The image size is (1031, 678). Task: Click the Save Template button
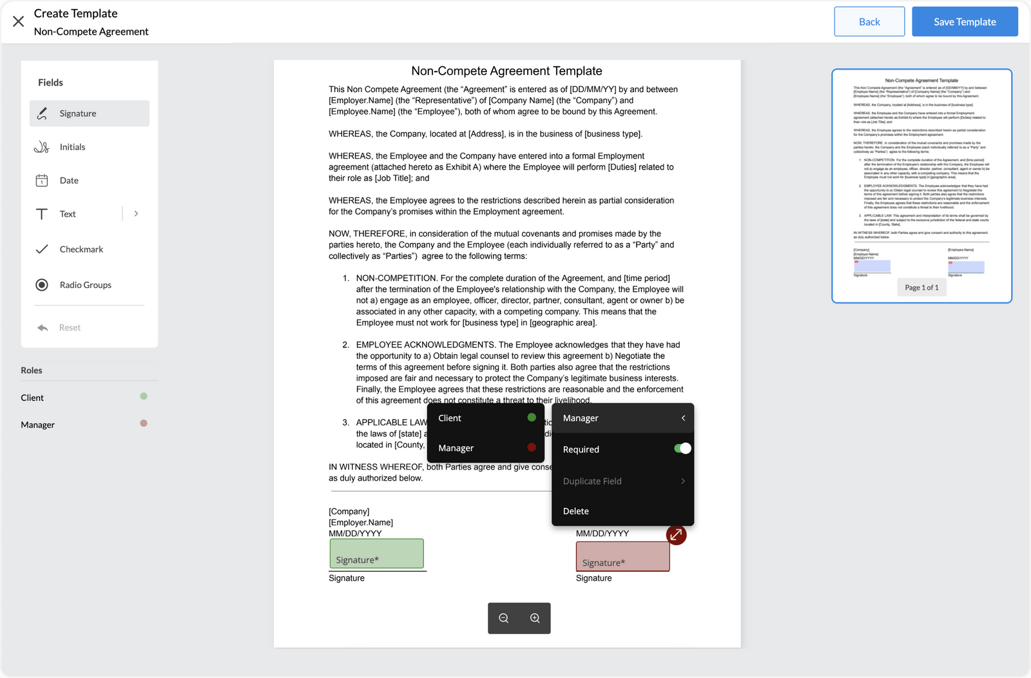tap(965, 22)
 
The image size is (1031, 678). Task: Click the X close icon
tap(19, 22)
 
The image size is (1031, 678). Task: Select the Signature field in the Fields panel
tap(90, 113)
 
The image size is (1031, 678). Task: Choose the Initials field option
tap(72, 147)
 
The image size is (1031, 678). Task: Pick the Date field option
tap(69, 180)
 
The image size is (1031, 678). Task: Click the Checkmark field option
tap(81, 249)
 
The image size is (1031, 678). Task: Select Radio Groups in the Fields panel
tap(85, 285)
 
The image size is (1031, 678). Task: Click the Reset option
tap(70, 327)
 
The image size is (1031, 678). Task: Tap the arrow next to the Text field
tap(136, 213)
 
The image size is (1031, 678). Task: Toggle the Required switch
tap(682, 449)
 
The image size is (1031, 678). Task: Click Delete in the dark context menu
tap(576, 511)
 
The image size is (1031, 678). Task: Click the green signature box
tap(376, 554)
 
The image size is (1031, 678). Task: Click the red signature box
tap(622, 556)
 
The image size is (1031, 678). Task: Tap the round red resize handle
tap(676, 535)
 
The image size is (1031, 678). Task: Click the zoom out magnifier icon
tap(504, 618)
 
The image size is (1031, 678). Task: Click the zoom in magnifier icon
tap(535, 618)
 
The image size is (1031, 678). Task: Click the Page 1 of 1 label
tap(921, 287)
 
